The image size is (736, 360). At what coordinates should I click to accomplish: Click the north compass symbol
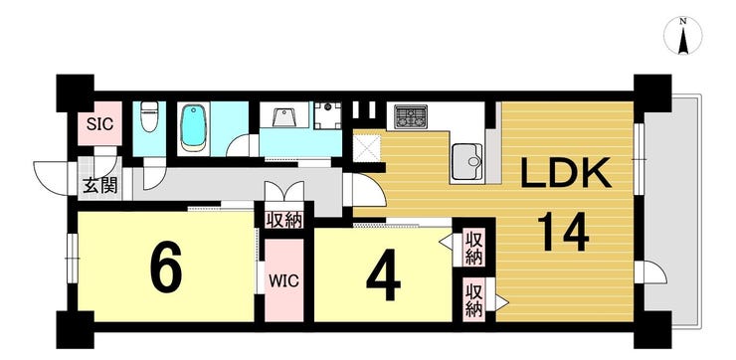pos(683,36)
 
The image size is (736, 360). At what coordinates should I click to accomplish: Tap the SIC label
pos(100,124)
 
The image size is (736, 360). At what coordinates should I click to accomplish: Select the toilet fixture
pos(149,117)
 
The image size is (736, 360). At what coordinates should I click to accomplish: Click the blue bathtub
pos(193,126)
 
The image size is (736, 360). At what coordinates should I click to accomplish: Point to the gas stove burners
pos(411,116)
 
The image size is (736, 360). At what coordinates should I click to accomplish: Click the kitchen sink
pos(467,162)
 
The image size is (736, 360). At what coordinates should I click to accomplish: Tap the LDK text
pos(566,173)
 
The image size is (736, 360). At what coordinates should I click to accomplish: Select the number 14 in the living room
pos(563,232)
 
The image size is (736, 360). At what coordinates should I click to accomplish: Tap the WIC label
pos(284,281)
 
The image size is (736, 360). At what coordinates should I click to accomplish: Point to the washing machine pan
pos(327,115)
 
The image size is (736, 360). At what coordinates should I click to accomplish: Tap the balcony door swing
pos(652,272)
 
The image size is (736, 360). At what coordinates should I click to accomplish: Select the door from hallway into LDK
pos(365,189)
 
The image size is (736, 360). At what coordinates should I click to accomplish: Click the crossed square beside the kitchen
pos(367,147)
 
